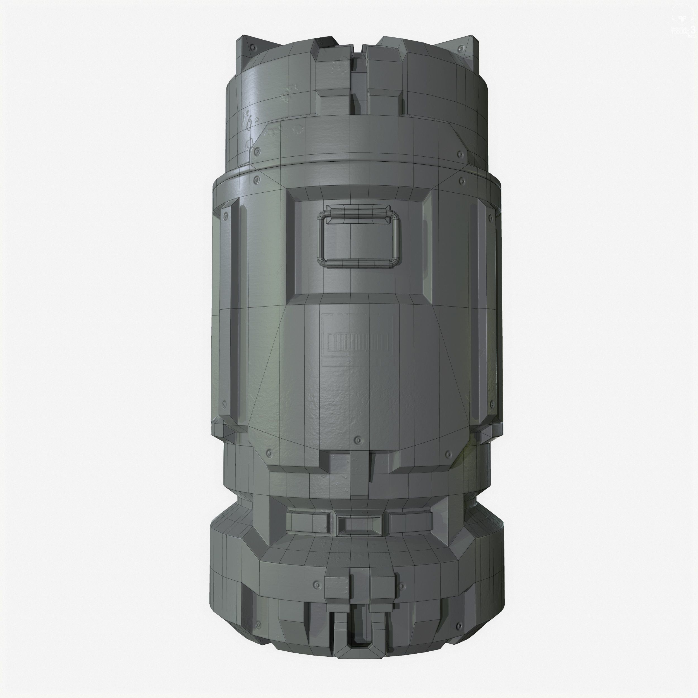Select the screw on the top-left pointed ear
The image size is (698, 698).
pos(253,48)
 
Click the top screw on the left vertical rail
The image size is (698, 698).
pos(226,216)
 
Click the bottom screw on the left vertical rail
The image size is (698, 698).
pos(224,403)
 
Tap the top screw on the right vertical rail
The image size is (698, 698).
pos(490,217)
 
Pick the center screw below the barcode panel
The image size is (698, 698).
pos(358,440)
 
